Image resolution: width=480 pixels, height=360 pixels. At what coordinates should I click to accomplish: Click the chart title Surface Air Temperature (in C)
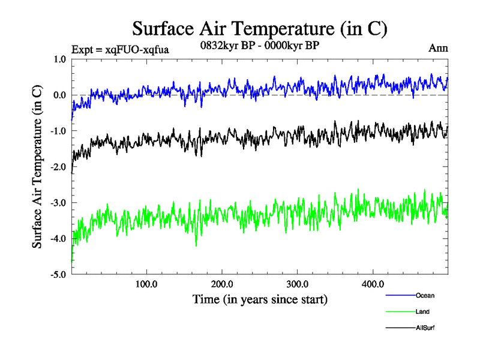point(259,29)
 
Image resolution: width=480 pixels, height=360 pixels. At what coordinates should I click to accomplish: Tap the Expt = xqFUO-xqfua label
point(120,50)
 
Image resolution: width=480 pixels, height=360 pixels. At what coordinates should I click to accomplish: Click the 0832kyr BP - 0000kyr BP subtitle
point(259,45)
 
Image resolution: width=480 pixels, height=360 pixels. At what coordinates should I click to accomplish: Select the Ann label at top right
point(438,48)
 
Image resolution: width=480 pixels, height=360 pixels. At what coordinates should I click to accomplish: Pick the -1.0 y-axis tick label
point(58,131)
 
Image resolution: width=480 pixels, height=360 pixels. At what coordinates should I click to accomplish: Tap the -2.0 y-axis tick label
point(58,167)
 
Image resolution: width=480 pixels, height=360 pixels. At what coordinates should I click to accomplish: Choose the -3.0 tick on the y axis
point(58,203)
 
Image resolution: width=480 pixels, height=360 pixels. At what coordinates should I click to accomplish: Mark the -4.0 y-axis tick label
point(58,239)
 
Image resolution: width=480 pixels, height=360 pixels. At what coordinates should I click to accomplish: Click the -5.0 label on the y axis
point(58,275)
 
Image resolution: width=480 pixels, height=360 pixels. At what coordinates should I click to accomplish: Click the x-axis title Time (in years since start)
point(260,299)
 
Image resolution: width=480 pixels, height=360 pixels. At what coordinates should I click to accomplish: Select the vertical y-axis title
point(37,167)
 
